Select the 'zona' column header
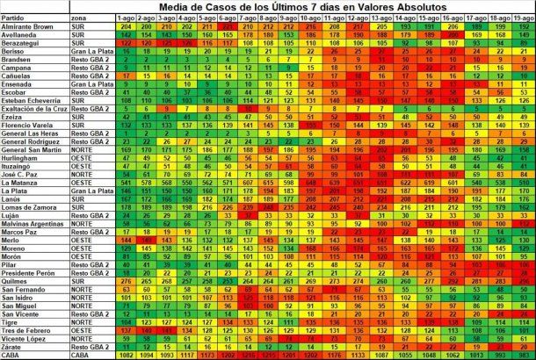(81, 18)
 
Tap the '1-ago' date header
(127, 18)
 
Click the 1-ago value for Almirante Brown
(127, 26)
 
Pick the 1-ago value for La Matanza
(127, 181)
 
